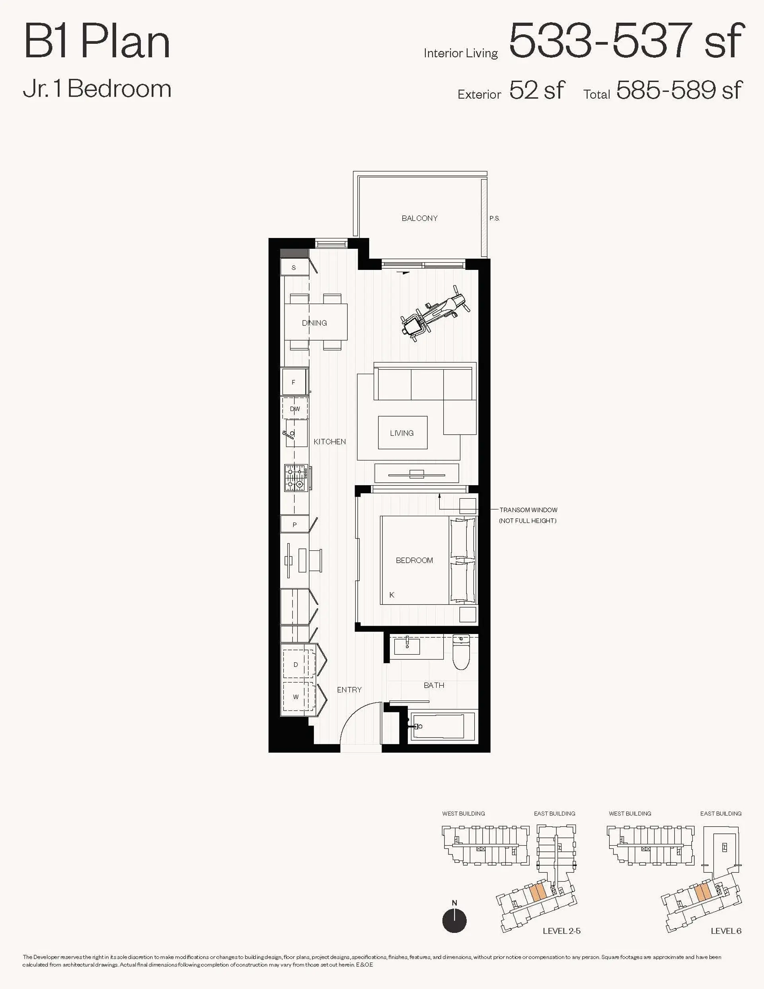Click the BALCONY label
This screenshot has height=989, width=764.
419,218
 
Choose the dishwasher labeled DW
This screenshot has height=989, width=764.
295,409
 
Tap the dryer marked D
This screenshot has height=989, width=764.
296,665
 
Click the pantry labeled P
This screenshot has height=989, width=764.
294,525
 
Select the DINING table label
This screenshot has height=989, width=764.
314,323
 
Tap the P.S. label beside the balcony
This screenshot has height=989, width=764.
495,218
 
